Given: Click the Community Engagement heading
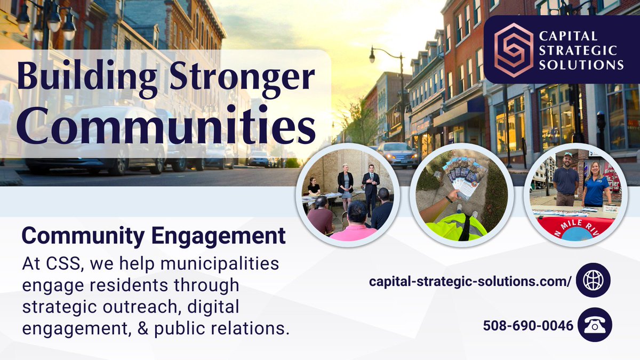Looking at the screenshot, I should [x=154, y=236].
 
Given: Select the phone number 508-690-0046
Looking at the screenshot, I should [x=529, y=325].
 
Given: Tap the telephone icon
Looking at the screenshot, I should [x=594, y=325].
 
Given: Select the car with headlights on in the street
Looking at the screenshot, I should [x=397, y=155].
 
